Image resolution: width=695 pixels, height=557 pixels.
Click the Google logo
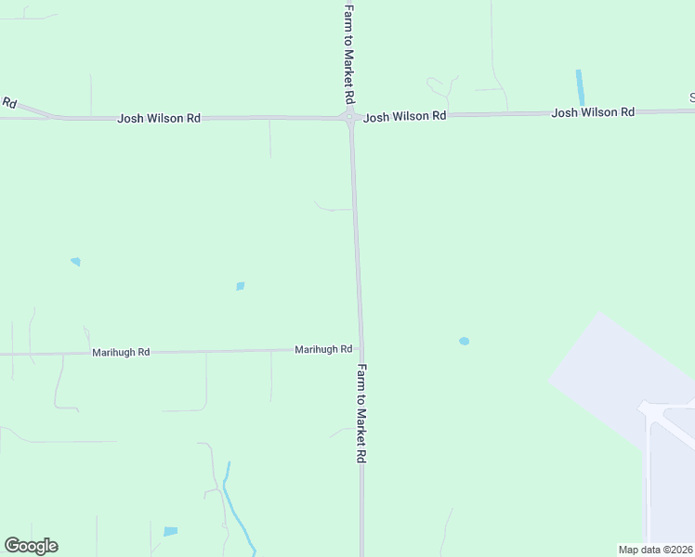[x=31, y=546]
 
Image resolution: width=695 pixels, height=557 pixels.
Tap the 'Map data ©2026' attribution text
[x=655, y=550]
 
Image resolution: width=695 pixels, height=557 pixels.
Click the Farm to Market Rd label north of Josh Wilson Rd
[x=349, y=52]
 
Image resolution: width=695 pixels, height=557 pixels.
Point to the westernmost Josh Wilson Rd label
[x=159, y=119]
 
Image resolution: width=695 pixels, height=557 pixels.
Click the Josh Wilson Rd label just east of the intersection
[x=405, y=117]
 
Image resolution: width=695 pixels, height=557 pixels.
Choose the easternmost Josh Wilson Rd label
[x=593, y=112]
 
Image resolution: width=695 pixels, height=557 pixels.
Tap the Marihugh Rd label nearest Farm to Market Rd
[x=323, y=349]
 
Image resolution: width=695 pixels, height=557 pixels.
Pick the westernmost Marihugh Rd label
[x=121, y=353]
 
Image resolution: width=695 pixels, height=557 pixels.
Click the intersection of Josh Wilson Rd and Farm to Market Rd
[x=351, y=117]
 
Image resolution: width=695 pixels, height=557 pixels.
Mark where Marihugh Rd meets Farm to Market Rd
[x=361, y=349]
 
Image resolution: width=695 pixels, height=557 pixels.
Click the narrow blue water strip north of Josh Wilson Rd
[x=581, y=87]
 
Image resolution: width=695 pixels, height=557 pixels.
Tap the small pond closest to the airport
[x=464, y=341]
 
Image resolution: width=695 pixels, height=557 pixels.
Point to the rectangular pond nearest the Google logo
[x=170, y=532]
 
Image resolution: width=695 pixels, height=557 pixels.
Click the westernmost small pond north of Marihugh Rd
[x=75, y=262]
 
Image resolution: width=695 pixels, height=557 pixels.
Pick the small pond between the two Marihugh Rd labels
[x=240, y=286]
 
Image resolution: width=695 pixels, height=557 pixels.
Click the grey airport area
[x=623, y=371]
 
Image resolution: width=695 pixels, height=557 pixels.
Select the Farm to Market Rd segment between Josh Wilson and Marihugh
[x=356, y=241]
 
